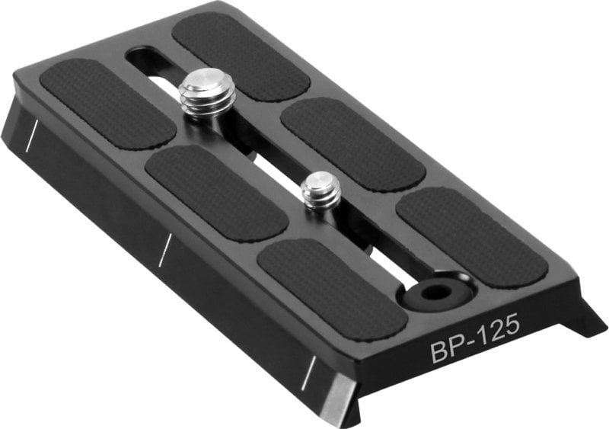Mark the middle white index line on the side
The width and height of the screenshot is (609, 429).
(x=164, y=250)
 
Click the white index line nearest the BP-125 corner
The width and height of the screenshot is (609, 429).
(x=308, y=370)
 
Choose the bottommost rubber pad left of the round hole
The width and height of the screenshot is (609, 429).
(x=332, y=288)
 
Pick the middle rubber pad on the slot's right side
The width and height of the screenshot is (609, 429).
(x=352, y=142)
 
